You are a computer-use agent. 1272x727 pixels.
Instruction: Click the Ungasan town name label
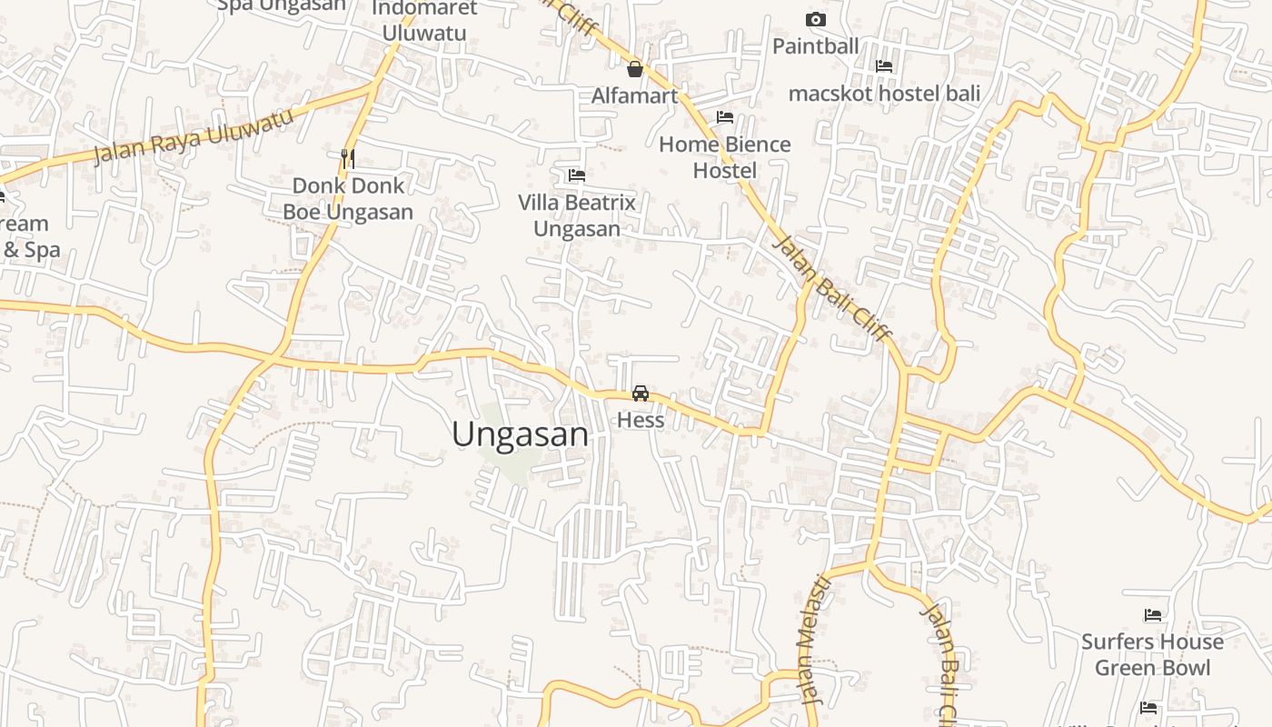pyautogui.click(x=520, y=434)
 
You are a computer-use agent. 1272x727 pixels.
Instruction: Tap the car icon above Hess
pyautogui.click(x=641, y=393)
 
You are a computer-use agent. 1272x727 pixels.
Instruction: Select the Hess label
pyautogui.click(x=641, y=421)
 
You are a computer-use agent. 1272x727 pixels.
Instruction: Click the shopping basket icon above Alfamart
pyautogui.click(x=635, y=69)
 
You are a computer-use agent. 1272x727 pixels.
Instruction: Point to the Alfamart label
pyautogui.click(x=635, y=95)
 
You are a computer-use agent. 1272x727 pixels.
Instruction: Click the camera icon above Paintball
pyautogui.click(x=816, y=19)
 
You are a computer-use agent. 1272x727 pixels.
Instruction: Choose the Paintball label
pyautogui.click(x=816, y=45)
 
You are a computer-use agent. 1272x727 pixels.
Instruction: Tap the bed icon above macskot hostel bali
pyautogui.click(x=884, y=66)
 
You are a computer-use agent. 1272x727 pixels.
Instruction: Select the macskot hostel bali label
pyautogui.click(x=884, y=93)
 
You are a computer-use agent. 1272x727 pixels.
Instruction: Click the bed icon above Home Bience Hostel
pyautogui.click(x=725, y=117)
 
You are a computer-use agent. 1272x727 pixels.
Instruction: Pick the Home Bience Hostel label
pyautogui.click(x=725, y=156)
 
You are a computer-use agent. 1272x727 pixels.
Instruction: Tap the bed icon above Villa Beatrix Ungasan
pyautogui.click(x=577, y=175)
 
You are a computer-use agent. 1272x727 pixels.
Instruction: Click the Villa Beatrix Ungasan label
pyautogui.click(x=577, y=214)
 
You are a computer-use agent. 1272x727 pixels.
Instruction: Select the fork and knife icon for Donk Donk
pyautogui.click(x=347, y=158)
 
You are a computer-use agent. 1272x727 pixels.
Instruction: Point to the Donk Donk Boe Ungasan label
pyautogui.click(x=348, y=198)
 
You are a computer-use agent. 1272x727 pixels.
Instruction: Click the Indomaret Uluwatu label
pyautogui.click(x=424, y=20)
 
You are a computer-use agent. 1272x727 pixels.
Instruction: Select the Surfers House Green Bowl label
pyautogui.click(x=1152, y=654)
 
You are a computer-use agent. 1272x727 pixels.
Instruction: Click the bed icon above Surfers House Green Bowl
pyautogui.click(x=1153, y=615)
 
